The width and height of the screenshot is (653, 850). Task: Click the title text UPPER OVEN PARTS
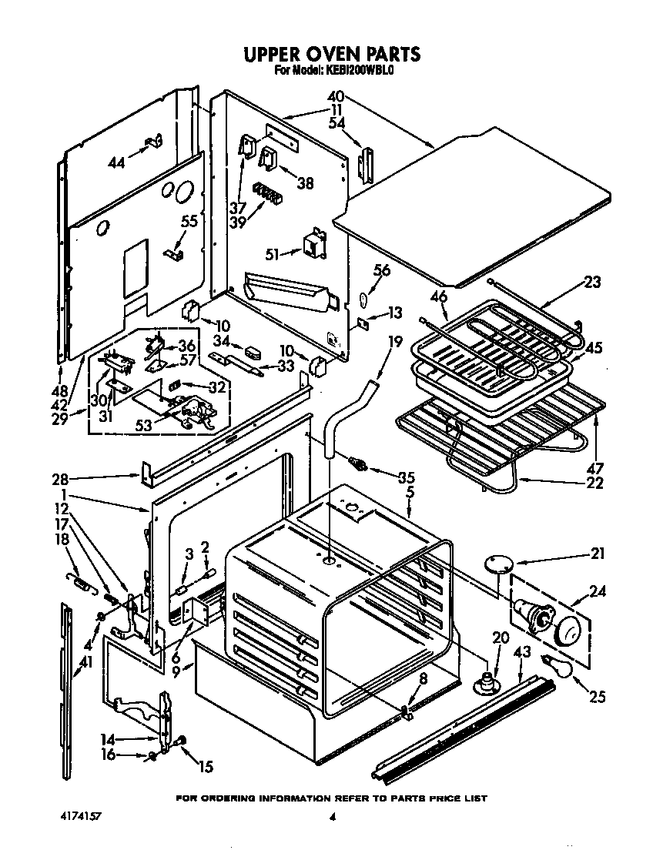[332, 54]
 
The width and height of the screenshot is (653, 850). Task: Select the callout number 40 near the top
[335, 98]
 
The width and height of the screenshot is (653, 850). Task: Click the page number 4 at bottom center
[332, 817]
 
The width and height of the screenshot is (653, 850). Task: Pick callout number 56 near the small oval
[382, 270]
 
